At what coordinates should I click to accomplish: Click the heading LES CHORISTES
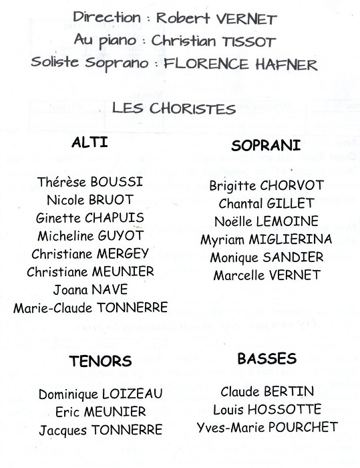click(174, 108)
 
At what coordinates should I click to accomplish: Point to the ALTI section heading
click(89, 144)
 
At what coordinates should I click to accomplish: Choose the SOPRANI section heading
click(266, 145)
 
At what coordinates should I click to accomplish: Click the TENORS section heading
click(100, 362)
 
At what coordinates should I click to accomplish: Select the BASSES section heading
click(266, 359)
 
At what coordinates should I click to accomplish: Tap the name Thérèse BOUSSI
click(90, 183)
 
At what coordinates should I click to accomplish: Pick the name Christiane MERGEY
click(89, 254)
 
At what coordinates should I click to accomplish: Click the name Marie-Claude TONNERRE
click(90, 308)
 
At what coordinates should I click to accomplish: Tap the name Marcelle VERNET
click(266, 275)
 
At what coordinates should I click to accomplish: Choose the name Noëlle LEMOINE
click(266, 221)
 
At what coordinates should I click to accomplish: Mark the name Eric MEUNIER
click(100, 412)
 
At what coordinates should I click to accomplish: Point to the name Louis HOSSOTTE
click(267, 409)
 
